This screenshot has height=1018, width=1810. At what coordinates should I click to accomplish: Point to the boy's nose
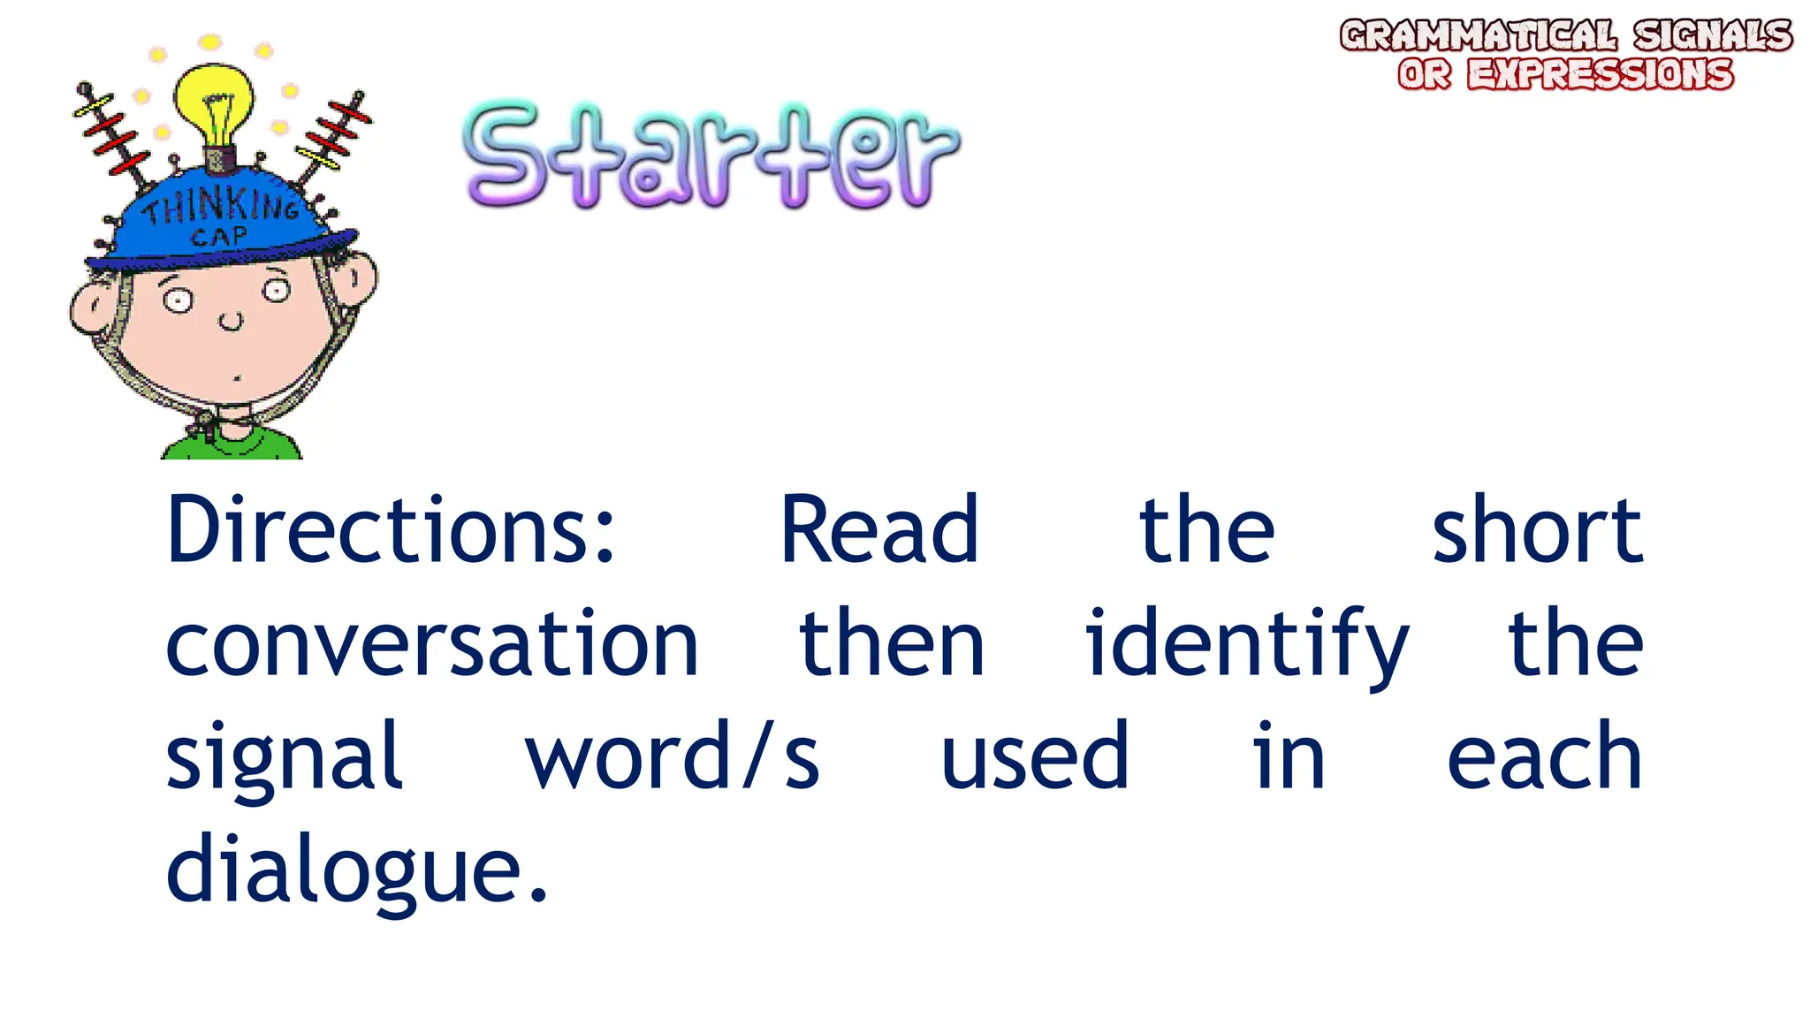tap(231, 320)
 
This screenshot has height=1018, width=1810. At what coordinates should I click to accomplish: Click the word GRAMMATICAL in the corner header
tap(1478, 36)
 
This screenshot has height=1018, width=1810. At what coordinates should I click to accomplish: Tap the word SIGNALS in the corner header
tap(1711, 36)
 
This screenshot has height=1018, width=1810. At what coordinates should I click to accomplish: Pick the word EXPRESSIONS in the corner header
tap(1600, 74)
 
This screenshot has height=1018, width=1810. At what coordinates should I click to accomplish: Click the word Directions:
tap(390, 530)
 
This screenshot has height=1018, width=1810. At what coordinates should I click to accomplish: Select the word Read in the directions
tap(879, 530)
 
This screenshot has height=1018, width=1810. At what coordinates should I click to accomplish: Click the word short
tap(1536, 530)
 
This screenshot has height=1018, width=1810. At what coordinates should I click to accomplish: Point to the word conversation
tap(432, 645)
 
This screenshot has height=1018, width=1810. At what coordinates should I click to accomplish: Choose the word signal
tap(285, 758)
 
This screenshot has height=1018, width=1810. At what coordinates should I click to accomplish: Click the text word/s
tap(673, 756)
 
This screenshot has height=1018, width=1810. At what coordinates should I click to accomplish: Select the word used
tap(1035, 756)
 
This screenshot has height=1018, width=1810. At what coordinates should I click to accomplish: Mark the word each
tap(1543, 756)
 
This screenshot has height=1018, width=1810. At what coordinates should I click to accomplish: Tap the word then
tap(891, 645)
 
